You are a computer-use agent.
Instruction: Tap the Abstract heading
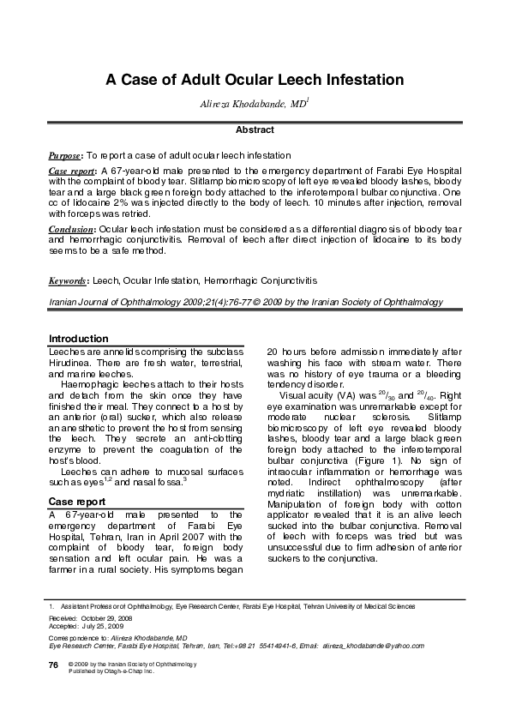point(255,130)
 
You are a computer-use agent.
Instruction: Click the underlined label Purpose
point(64,155)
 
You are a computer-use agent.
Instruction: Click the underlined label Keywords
point(69,280)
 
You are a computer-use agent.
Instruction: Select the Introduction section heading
point(79,339)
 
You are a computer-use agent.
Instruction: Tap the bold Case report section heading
point(77,501)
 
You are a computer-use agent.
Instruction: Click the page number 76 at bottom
point(53,665)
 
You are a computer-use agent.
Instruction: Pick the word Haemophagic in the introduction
point(92,388)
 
